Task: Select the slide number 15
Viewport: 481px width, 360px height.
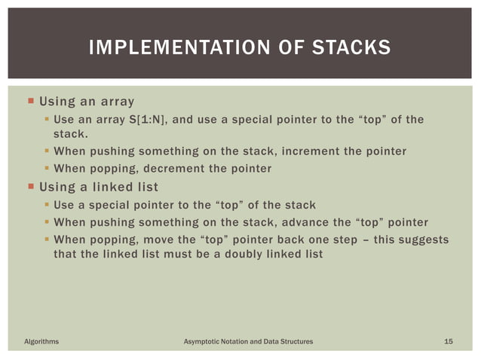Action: tap(449, 343)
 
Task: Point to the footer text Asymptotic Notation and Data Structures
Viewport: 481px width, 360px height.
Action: tap(249, 343)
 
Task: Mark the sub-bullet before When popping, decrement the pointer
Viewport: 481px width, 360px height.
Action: tap(47, 169)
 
